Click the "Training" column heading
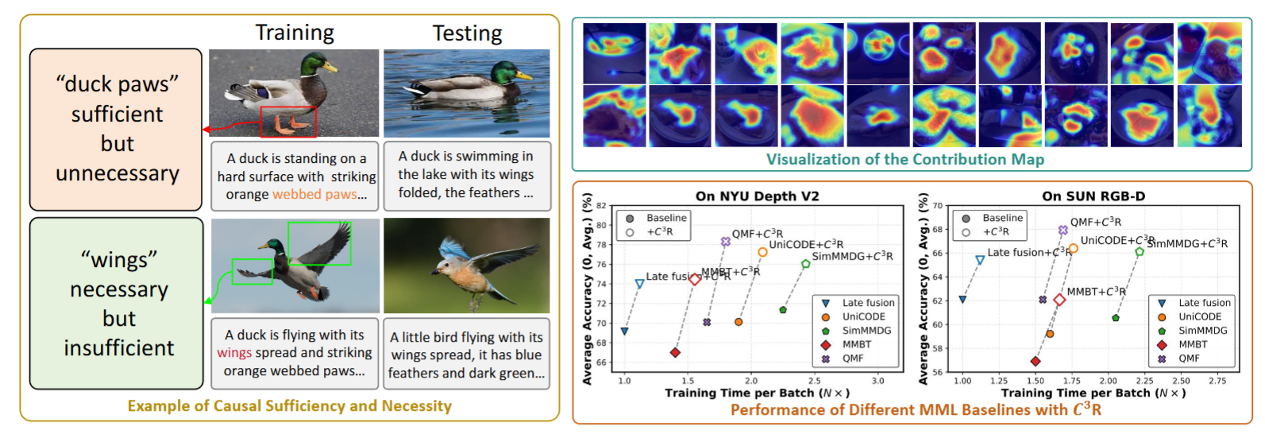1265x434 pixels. [295, 33]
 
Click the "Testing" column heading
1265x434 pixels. [467, 33]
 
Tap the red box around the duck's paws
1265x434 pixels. [288, 122]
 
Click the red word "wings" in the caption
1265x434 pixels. [234, 353]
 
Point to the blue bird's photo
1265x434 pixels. [466, 265]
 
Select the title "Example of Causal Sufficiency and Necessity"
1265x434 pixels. [289, 406]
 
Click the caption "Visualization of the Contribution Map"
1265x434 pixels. [904, 159]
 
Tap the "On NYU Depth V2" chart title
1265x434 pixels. [757, 196]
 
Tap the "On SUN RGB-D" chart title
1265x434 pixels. [1093, 196]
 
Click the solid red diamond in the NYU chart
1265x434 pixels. [675, 353]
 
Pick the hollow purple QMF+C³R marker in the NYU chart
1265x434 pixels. [725, 242]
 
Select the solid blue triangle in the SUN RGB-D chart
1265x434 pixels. [962, 300]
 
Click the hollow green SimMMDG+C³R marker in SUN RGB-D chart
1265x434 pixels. [1140, 252]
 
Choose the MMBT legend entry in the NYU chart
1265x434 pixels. [856, 344]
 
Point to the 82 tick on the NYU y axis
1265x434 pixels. [601, 206]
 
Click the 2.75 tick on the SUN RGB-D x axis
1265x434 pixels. [1217, 381]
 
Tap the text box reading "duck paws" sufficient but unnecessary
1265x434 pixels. [117, 129]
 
